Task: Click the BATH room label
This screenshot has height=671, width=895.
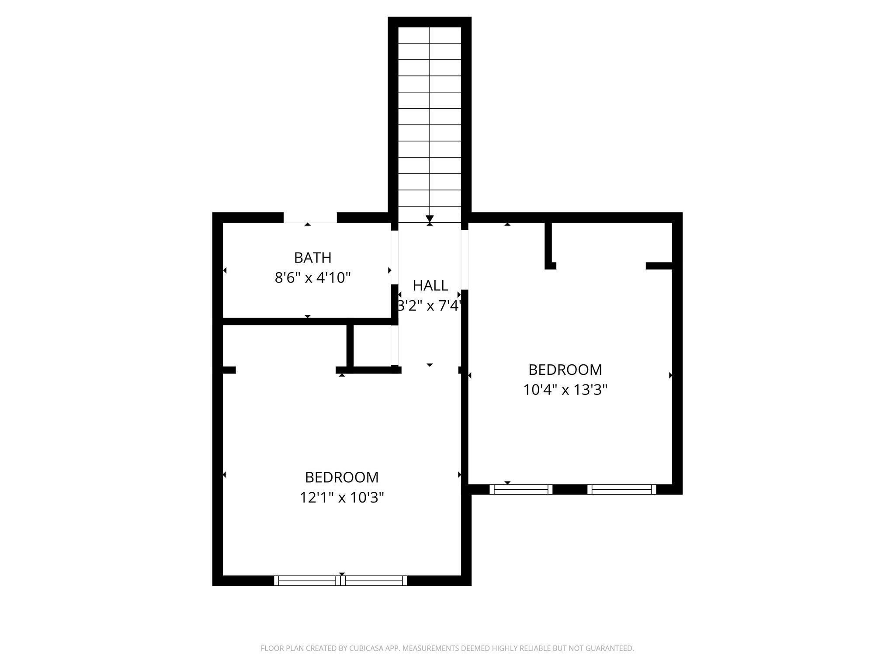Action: pos(312,258)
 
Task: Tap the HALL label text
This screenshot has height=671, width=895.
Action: pos(430,286)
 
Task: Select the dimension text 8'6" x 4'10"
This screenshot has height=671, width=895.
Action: pos(313,278)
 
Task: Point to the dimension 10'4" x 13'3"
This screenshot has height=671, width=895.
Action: pos(565,390)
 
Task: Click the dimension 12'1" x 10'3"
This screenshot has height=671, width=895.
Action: pos(342,498)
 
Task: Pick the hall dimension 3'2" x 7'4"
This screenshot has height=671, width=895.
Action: pos(429,306)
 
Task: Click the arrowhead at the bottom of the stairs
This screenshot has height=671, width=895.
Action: pos(430,219)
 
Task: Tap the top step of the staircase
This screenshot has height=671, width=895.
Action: pos(430,35)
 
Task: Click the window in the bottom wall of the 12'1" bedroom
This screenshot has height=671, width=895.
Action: pos(340,581)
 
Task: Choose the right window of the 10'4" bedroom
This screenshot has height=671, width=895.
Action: pos(622,489)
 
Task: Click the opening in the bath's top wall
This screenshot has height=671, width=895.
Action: pos(310,218)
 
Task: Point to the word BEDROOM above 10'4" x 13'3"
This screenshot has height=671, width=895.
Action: pos(565,370)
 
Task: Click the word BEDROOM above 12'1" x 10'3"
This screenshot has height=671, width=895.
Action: pos(342,477)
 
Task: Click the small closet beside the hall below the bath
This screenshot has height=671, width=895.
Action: pos(372,346)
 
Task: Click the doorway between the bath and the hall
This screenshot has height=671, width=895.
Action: pos(395,257)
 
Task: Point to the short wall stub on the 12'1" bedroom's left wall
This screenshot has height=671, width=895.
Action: pos(229,370)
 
